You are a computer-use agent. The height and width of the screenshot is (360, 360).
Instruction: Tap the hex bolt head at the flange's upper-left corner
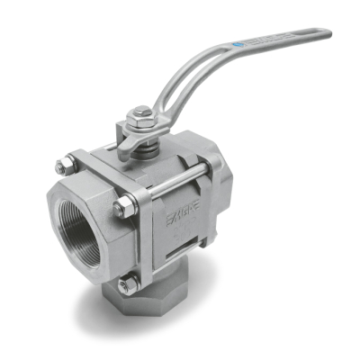[62, 167]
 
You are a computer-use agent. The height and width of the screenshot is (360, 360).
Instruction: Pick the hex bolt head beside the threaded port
[119, 210]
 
